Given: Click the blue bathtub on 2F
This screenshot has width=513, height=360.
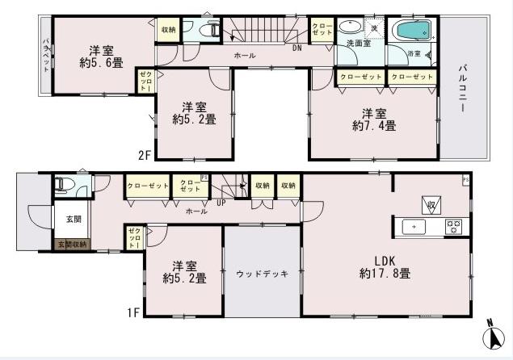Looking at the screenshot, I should point(412,32).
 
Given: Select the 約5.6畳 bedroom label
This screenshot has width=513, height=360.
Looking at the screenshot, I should point(96,54).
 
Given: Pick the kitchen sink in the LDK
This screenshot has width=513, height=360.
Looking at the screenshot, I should point(414,227).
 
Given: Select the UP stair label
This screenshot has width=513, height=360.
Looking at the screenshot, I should point(220,203).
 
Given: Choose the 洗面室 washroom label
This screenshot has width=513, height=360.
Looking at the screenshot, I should point(359,43).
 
